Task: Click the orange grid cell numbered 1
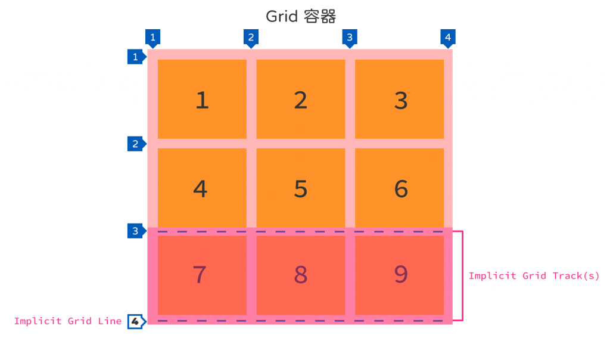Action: coord(202,99)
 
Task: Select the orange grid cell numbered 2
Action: coord(301,99)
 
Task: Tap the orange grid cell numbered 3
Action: coord(400,99)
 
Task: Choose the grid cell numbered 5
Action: coord(301,188)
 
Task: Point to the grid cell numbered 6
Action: coord(400,188)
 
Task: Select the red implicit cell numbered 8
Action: coord(301,275)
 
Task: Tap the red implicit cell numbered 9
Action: coord(400,275)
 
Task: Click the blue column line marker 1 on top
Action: coord(153,38)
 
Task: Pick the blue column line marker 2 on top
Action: coord(251,38)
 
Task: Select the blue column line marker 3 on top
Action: coord(350,38)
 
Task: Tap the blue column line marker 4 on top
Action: coord(448,38)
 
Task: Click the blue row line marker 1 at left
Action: coord(136,57)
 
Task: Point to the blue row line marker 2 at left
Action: coord(136,144)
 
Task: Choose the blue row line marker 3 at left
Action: coord(136,231)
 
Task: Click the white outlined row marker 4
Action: coord(136,321)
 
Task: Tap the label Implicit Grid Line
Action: coord(67,321)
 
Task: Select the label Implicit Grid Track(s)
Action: coord(534,276)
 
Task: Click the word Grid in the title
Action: coord(281,16)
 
